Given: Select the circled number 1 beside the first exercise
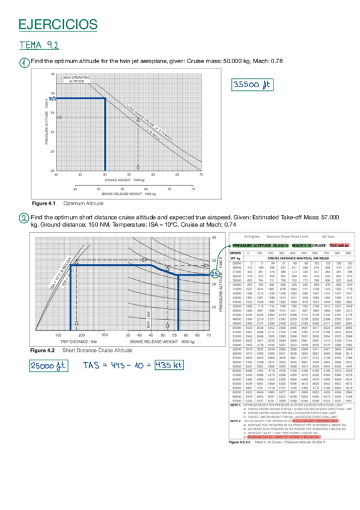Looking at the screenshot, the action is tap(23, 63).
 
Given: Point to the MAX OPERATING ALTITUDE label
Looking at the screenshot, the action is tap(77, 80).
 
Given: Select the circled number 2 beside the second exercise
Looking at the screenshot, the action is tap(23, 218).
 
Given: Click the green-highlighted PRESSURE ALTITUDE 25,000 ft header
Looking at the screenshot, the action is tap(260, 246).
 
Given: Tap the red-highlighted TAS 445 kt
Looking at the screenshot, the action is tap(339, 246).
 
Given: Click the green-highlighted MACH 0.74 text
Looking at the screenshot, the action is tap(301, 246).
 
